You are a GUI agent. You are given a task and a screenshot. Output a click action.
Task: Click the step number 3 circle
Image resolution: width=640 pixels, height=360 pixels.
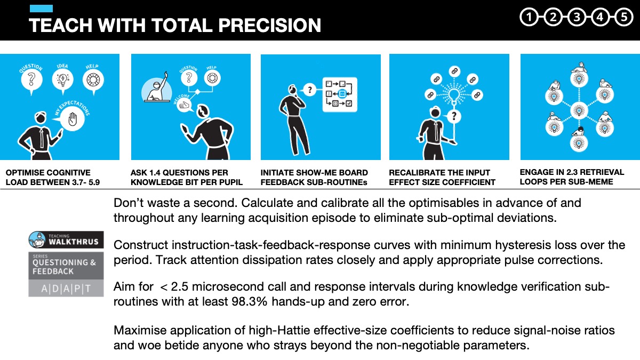point(577,18)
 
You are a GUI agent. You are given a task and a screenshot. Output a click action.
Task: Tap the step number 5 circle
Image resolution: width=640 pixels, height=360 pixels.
point(623,18)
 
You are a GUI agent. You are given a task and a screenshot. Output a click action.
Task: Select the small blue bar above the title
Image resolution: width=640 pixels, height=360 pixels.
point(41,9)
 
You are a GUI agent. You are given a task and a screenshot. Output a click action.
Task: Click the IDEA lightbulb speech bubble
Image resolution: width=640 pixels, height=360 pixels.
point(62,80)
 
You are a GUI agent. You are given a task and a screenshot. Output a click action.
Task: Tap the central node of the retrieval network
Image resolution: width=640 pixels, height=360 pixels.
point(579,110)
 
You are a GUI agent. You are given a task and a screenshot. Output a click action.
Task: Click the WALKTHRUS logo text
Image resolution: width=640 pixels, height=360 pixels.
point(74,241)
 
